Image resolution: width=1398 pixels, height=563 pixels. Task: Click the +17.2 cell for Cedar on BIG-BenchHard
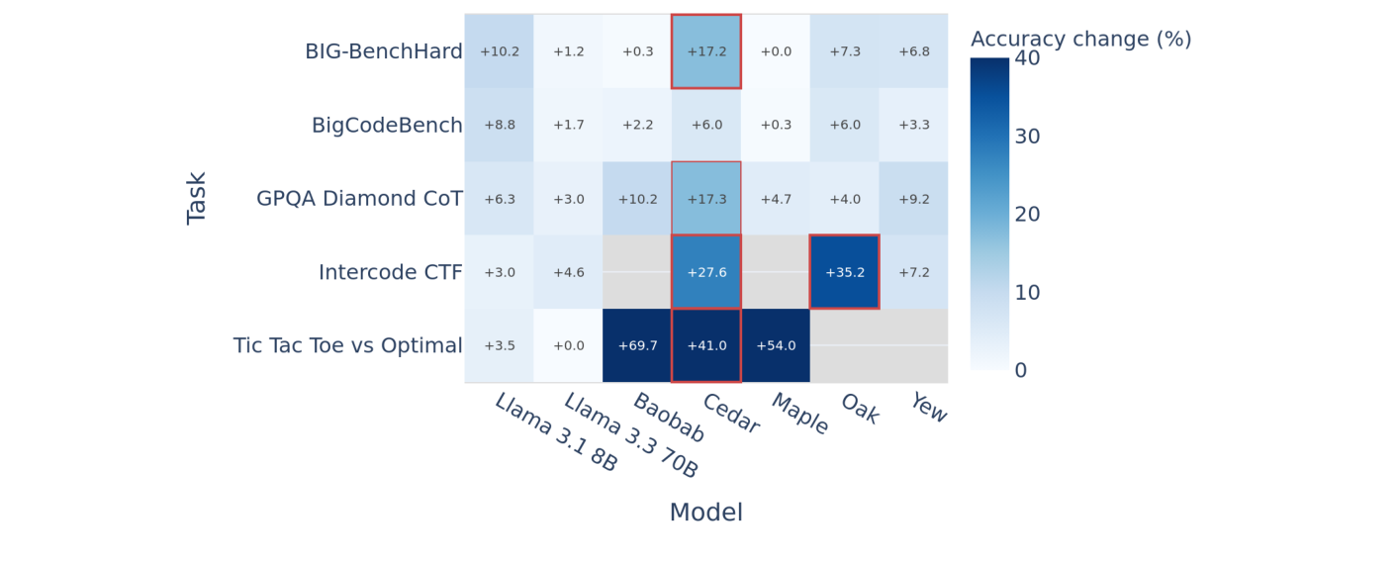(705, 51)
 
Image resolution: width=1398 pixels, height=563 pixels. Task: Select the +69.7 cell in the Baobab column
(637, 345)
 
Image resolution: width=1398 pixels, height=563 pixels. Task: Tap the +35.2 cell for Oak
(844, 272)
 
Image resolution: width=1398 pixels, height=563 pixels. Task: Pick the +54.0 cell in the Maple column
(776, 345)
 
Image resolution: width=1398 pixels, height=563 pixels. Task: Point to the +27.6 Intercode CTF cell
(705, 272)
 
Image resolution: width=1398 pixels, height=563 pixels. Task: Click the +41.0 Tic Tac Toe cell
(705, 345)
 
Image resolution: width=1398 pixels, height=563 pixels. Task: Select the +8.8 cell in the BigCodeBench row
(499, 126)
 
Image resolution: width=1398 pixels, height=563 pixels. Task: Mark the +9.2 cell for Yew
(913, 199)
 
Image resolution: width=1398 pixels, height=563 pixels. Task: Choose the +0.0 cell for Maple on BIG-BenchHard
(776, 51)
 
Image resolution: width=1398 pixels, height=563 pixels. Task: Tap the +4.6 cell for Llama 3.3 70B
(568, 272)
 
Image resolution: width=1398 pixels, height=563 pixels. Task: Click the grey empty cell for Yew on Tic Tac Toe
(913, 345)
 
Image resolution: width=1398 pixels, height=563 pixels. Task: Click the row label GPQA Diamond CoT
(359, 199)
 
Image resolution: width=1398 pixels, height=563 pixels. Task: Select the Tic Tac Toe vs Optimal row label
(347, 345)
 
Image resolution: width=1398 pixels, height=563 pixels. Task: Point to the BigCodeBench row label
(387, 126)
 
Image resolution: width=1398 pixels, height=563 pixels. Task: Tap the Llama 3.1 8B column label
(556, 432)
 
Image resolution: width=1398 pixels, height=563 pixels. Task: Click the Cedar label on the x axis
(731, 415)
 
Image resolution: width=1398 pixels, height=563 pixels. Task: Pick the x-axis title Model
(705, 513)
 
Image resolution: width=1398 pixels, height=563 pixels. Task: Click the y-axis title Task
(197, 198)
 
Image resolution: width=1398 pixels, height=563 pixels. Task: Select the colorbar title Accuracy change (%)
(1080, 40)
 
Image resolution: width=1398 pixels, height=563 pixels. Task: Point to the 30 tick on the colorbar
(1027, 137)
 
